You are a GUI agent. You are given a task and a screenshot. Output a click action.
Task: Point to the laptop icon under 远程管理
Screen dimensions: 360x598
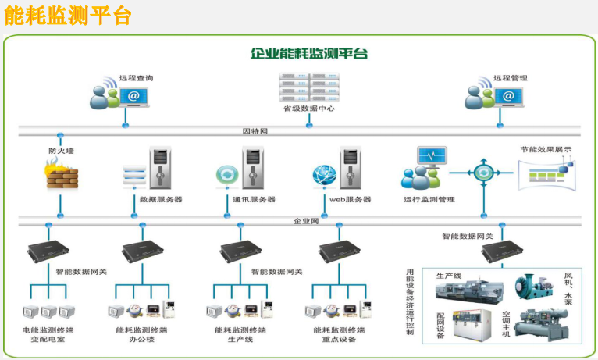pos(508,96)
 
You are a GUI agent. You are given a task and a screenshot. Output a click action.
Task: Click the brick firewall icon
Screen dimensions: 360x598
pos(62,173)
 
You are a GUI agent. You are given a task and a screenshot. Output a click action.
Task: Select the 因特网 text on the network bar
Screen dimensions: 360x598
pos(255,132)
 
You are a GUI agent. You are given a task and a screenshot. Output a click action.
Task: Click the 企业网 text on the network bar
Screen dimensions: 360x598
pos(306,221)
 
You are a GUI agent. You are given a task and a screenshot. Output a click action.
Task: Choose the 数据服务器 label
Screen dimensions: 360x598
pos(161,199)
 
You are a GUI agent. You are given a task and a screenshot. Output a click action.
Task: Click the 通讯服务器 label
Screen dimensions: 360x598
pos(254,199)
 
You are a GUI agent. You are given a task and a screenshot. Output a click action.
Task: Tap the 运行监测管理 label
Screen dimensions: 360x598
pos(429,199)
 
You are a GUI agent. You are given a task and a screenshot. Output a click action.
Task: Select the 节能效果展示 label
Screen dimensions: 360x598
pos(546,149)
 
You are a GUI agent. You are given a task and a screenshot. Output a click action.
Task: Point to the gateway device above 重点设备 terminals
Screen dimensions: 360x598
pos(338,251)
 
